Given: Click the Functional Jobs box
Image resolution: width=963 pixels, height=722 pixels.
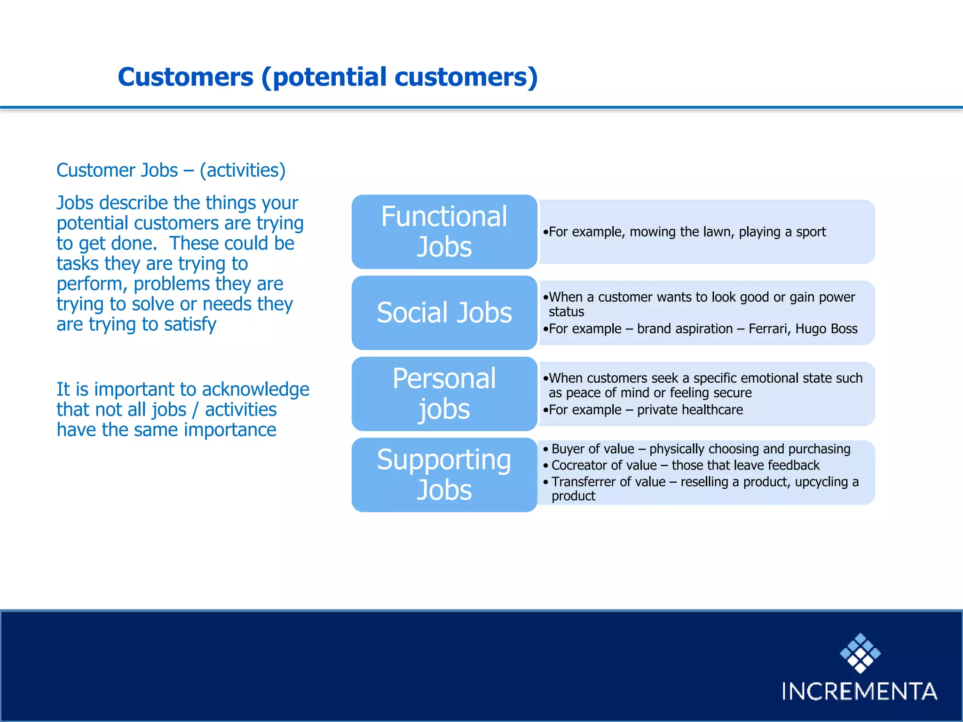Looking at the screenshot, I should point(444,232).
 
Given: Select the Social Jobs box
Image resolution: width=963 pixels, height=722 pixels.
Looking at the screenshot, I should point(444,313).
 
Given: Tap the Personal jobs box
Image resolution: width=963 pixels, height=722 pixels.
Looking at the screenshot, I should point(444,394).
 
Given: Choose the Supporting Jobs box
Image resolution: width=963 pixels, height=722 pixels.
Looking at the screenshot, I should point(444,475).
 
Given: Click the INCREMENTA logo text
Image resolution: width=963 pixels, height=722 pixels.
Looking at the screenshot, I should point(859,691).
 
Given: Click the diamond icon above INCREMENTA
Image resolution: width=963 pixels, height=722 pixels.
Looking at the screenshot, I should point(860,653).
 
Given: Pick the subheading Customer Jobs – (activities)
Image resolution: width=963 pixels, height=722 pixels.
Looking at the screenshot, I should point(171,170).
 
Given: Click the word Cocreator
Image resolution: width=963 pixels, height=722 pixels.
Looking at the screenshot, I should point(580,465).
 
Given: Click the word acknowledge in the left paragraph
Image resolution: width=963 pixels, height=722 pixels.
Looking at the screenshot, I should point(255,389).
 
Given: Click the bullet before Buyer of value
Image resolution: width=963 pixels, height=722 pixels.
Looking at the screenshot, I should point(545,449).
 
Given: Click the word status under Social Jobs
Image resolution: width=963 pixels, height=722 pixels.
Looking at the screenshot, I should point(566,312).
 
